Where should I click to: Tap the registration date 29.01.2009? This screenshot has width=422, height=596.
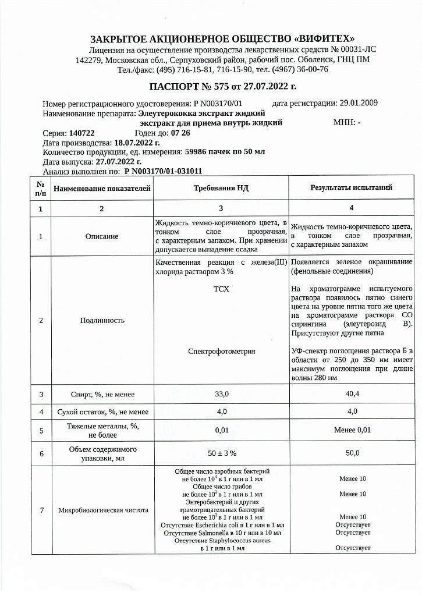(x=359, y=103)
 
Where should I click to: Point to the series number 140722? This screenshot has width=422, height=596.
(x=82, y=133)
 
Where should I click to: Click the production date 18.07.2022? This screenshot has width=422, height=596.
(x=137, y=143)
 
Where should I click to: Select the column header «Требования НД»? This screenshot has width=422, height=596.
(x=221, y=187)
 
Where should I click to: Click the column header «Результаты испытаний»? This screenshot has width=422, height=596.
(x=351, y=187)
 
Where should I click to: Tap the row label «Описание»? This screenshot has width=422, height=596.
(x=102, y=236)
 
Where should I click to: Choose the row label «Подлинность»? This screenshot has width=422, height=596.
(x=102, y=320)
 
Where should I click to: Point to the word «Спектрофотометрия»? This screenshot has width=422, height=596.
(x=221, y=351)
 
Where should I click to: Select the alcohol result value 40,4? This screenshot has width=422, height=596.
(x=352, y=394)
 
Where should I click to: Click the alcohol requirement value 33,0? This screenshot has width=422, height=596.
(x=221, y=394)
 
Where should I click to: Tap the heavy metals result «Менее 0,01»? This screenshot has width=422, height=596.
(x=352, y=431)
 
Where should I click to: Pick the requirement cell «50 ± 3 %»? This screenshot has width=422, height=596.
(x=221, y=452)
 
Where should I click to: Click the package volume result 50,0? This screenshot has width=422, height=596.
(x=352, y=452)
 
